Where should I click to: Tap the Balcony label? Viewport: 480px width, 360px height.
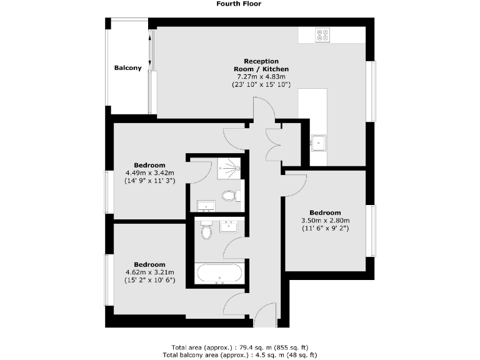(x=127, y=68)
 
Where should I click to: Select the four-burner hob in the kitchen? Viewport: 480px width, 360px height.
(x=323, y=36)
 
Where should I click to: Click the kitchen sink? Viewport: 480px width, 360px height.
(x=320, y=143)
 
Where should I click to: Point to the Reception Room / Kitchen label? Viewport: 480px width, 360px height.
(x=261, y=64)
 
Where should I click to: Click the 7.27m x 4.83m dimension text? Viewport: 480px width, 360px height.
(x=261, y=76)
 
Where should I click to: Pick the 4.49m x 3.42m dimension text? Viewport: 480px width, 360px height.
(x=149, y=173)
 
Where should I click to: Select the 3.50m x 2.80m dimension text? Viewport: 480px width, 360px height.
(x=325, y=220)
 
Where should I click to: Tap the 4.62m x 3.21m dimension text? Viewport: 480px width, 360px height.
(x=149, y=272)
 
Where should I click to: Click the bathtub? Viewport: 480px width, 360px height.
(x=219, y=273)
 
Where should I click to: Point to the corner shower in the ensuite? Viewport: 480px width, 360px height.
(x=231, y=167)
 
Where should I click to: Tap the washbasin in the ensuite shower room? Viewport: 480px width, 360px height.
(x=206, y=206)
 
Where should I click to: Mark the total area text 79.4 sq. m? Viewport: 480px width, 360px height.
(x=240, y=347)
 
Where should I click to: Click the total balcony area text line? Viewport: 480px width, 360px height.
(x=240, y=354)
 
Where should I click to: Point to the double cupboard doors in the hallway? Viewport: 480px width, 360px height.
(x=272, y=143)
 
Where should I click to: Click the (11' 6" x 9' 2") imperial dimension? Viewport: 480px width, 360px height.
(x=325, y=228)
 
